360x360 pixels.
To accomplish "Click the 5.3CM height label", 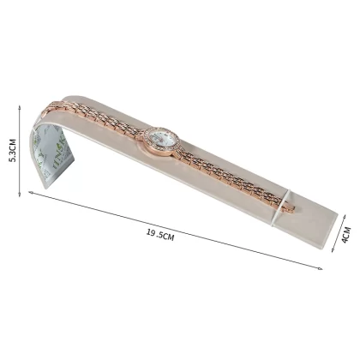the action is [13, 150].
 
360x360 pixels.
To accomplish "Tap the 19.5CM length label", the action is [160, 235].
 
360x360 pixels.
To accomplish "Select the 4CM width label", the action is [346, 235].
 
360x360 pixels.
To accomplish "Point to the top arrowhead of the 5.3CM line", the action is [20, 106].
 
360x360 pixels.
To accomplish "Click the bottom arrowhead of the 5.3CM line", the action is [20, 195].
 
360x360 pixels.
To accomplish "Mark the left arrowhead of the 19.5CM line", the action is [30, 193].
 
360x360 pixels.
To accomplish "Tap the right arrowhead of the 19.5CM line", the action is [320, 268].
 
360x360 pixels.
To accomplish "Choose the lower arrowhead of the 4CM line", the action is [333, 250].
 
